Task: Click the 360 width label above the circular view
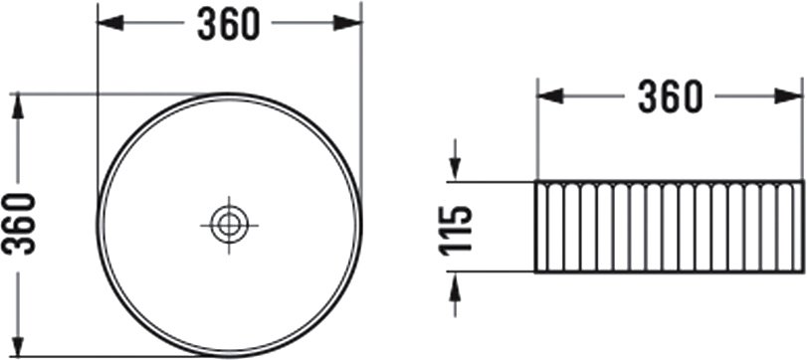tap(229, 25)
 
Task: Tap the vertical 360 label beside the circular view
tap(19, 224)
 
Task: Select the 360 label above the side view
tap(670, 97)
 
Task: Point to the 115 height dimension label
tap(456, 231)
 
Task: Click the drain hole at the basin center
tap(229, 225)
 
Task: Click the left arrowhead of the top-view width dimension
tap(110, 23)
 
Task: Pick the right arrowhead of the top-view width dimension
tap(348, 23)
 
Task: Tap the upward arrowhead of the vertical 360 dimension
tap(18, 106)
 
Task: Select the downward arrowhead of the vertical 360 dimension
tap(18, 344)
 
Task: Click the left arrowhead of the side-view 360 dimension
tap(550, 96)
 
